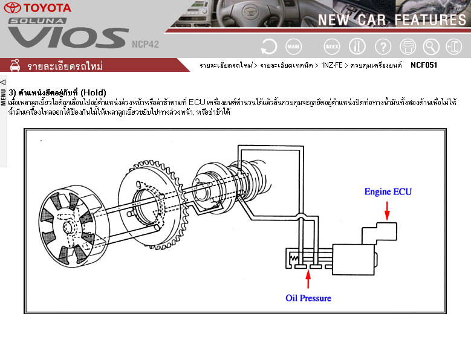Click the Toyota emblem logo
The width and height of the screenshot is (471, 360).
pyautogui.click(x=12, y=8)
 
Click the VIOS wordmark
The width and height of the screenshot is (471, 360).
pyautogui.click(x=68, y=38)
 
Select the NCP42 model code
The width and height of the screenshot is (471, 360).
pyautogui.click(x=145, y=45)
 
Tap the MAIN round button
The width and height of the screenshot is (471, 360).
pyautogui.click(x=293, y=47)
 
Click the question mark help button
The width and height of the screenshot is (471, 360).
pyautogui.click(x=383, y=47)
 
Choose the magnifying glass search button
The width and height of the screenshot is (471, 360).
pyautogui.click(x=431, y=47)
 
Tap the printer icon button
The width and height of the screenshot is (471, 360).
pyautogui.click(x=408, y=47)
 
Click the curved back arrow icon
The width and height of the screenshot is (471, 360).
pyautogui.click(x=269, y=47)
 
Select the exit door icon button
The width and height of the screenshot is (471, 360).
pyautogui.click(x=453, y=47)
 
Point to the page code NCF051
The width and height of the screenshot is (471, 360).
pyautogui.click(x=424, y=65)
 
